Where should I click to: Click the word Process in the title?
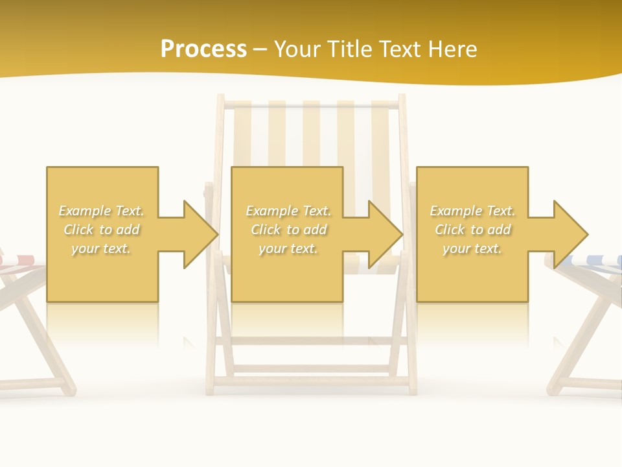(x=203, y=49)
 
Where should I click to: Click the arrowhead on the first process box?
(x=201, y=234)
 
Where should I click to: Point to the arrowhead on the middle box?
(x=386, y=234)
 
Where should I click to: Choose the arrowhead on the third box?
(x=571, y=234)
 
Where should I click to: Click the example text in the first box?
(x=101, y=230)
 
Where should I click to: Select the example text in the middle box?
(x=288, y=230)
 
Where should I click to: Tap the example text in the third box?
(x=472, y=230)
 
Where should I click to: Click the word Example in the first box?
(x=84, y=211)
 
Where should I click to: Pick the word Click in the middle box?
(x=265, y=230)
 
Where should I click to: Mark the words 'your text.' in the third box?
(x=472, y=248)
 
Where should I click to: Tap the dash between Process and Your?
(x=260, y=49)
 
